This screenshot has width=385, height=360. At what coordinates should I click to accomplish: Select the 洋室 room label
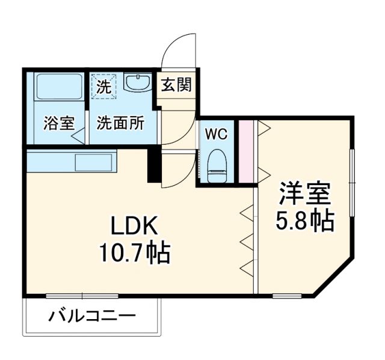tap(304, 195)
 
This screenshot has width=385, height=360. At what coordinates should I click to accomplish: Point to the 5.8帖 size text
tap(304, 222)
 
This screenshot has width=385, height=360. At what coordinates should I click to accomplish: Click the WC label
tap(217, 134)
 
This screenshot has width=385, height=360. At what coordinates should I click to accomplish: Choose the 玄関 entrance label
tap(176, 85)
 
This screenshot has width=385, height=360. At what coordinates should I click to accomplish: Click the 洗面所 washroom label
tap(121, 124)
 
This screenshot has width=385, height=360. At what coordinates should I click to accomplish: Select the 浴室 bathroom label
tap(59, 124)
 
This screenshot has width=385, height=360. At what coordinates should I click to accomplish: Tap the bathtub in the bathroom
tap(58, 87)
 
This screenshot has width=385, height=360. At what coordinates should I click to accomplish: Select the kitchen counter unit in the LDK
tap(70, 162)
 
